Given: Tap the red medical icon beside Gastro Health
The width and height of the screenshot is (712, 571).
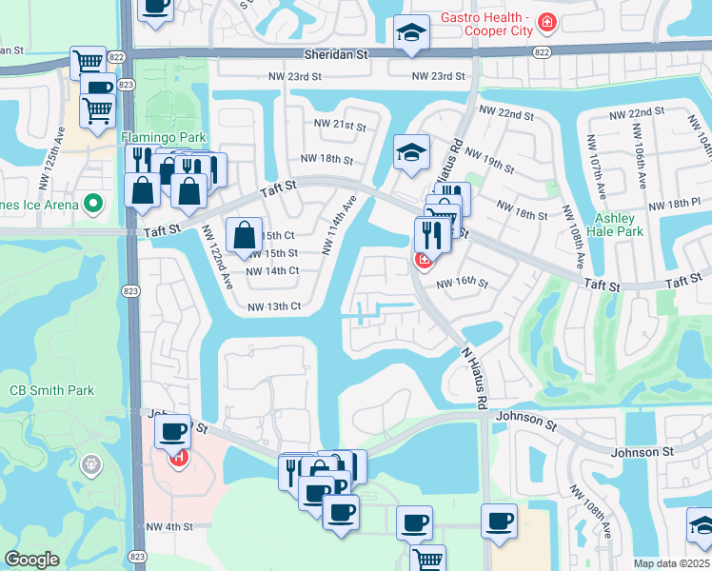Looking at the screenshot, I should click(546, 20).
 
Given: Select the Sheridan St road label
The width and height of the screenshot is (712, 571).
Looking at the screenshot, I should click(335, 55).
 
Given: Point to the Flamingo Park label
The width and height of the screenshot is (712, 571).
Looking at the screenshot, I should click(163, 138).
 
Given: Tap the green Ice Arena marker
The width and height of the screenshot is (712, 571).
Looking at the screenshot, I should click(93, 203).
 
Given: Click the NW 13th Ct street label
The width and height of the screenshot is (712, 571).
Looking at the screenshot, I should click(274, 306).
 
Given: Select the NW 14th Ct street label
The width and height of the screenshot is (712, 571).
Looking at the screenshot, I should click(273, 271).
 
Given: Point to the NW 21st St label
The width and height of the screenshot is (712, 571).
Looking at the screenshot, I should click(340, 126).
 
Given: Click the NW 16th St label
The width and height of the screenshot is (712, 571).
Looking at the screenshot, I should click(462, 284).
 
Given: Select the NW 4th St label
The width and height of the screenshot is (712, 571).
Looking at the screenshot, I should click(169, 526).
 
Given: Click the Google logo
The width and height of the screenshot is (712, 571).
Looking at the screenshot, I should click(31, 560).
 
